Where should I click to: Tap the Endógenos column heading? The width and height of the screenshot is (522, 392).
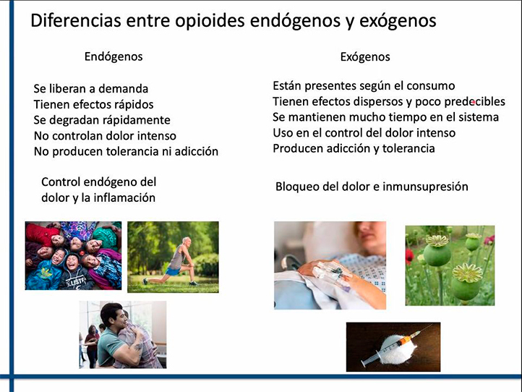click(x=114, y=56)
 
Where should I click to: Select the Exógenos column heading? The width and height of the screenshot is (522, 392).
click(x=365, y=56)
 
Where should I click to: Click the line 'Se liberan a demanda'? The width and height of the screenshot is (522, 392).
click(x=91, y=89)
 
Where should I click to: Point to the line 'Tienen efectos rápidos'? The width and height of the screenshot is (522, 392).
click(x=93, y=104)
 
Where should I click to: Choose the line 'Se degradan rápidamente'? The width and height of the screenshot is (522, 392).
click(x=102, y=120)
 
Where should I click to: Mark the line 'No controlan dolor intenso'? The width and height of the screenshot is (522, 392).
click(x=105, y=135)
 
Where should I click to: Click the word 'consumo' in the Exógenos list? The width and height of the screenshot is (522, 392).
click(x=431, y=86)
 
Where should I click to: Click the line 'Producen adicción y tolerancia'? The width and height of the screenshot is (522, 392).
click(x=354, y=148)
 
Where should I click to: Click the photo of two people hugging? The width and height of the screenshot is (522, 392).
click(x=122, y=335)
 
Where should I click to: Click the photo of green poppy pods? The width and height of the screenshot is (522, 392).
click(x=449, y=265)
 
